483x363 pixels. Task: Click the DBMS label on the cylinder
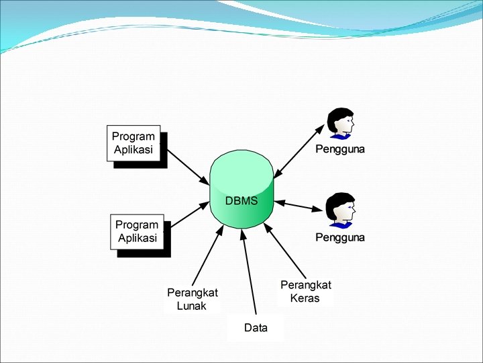(241, 200)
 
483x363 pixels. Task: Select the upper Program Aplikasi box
(133, 143)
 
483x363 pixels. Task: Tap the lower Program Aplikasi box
(137, 232)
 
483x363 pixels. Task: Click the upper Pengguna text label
(340, 149)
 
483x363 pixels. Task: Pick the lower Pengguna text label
(340, 237)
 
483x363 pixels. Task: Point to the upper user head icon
(340, 123)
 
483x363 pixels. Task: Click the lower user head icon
(340, 211)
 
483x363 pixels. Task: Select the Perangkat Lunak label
(193, 299)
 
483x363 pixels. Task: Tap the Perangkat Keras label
(306, 291)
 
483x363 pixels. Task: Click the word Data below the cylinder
(256, 328)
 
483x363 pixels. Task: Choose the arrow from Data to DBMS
(249, 272)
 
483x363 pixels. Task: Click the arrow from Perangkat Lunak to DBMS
(208, 255)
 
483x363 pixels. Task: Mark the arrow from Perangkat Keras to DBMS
(285, 251)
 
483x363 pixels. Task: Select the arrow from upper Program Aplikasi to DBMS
(189, 167)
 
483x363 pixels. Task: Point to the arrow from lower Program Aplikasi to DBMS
(191, 214)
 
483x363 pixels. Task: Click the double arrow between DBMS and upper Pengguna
(299, 151)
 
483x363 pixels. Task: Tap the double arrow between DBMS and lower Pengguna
(299, 206)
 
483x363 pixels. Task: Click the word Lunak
(191, 306)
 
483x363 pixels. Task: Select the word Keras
(305, 298)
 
